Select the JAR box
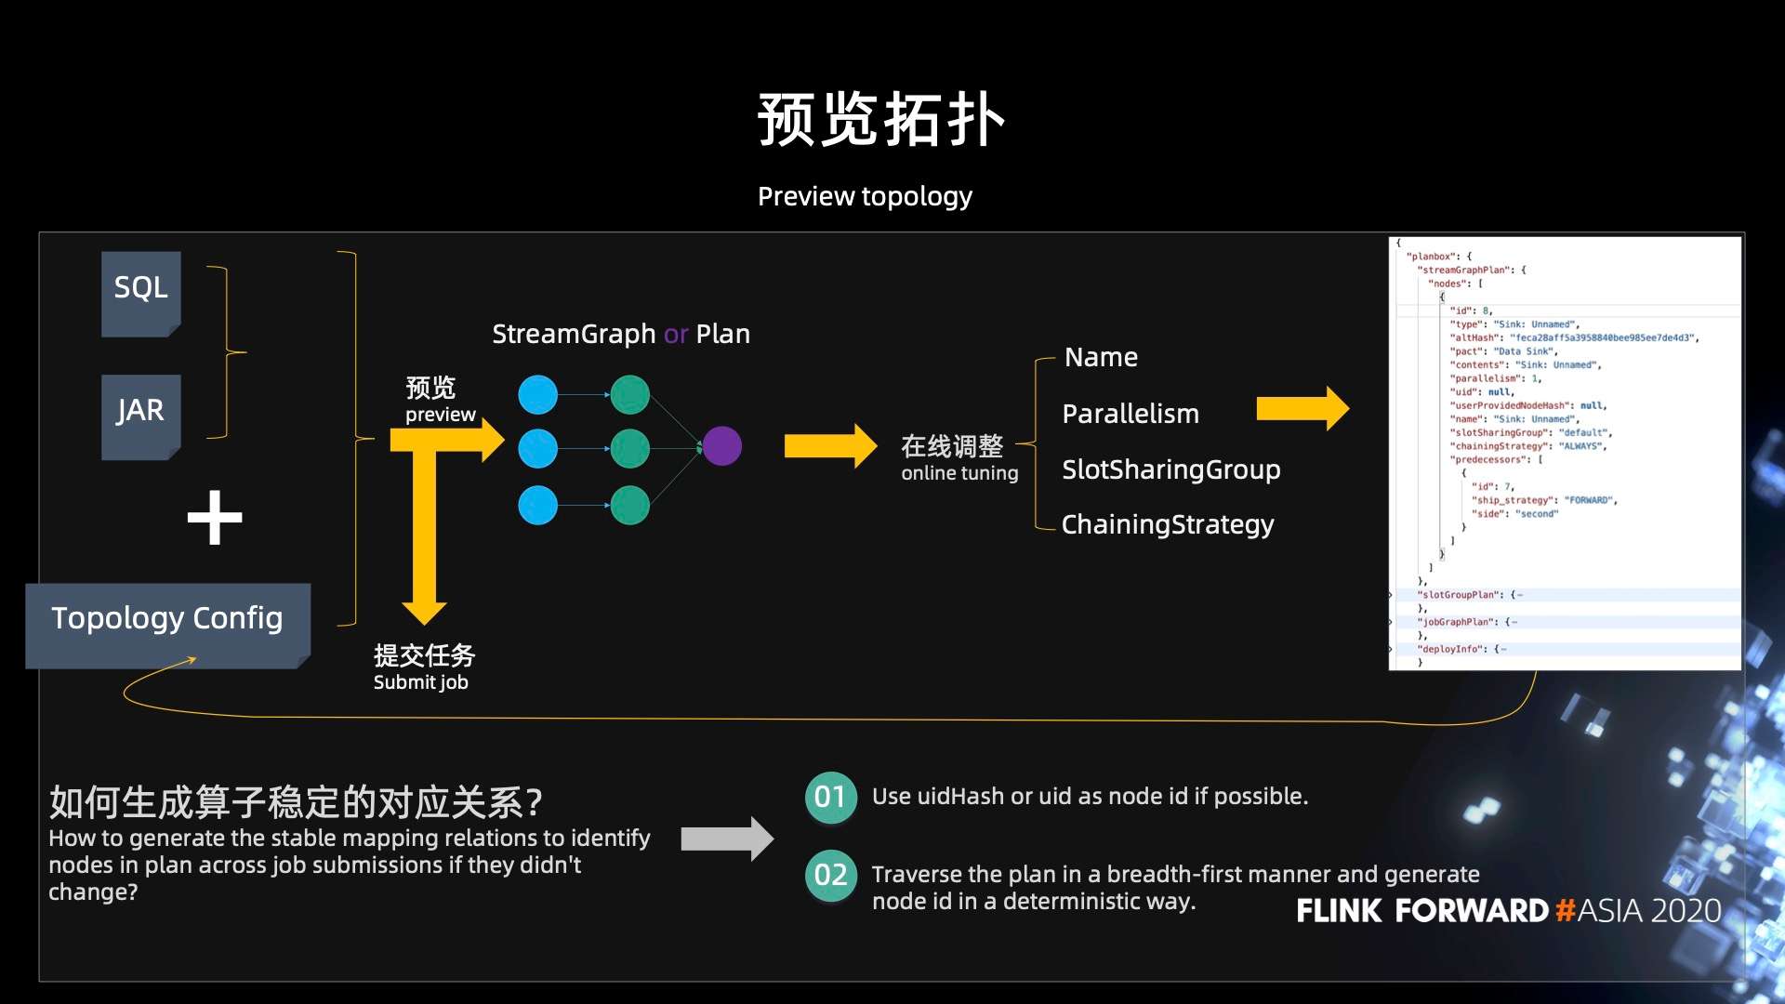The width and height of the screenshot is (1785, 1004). (140, 415)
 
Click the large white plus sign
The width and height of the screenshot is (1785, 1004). (215, 518)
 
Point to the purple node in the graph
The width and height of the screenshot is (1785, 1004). (721, 446)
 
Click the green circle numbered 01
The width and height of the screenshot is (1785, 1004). (830, 797)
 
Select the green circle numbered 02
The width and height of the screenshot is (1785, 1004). (830, 875)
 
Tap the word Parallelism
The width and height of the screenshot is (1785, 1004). (1130, 414)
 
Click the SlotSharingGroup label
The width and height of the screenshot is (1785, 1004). (1170, 469)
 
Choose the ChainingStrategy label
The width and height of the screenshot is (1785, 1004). (1168, 524)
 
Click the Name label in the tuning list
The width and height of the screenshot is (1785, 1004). (1101, 357)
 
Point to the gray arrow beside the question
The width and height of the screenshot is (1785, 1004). (726, 839)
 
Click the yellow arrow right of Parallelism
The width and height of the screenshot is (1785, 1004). (1302, 409)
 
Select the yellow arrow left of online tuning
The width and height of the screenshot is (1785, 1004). (829, 446)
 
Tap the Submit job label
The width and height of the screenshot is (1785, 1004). (421, 682)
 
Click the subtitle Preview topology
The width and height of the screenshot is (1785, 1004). (865, 196)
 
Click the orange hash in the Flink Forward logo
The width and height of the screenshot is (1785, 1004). (1565, 910)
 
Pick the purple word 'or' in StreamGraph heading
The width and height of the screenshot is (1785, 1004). (676, 334)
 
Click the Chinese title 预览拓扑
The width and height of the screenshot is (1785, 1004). (880, 121)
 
